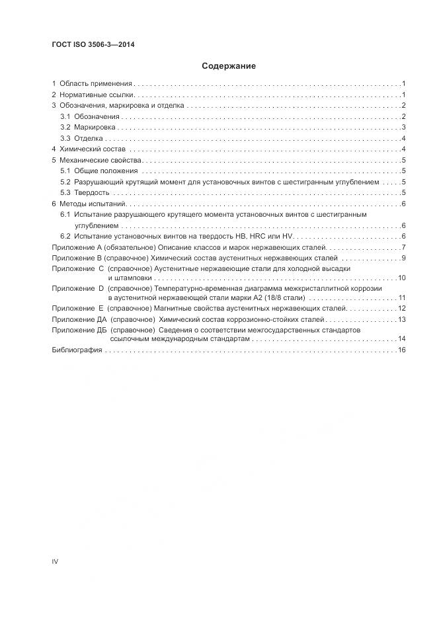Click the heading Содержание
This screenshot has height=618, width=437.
[228, 66]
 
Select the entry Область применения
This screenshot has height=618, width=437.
[96, 84]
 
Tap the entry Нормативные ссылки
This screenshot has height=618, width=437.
[97, 95]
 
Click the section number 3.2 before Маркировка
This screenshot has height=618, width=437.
[65, 127]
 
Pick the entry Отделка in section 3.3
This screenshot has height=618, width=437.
[89, 138]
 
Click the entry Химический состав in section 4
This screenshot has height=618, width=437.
[93, 149]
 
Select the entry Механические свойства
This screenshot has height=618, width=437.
[100, 161]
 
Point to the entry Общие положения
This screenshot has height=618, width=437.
[99, 171]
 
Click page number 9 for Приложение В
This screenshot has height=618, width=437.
[403, 258]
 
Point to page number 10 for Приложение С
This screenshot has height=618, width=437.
[401, 278]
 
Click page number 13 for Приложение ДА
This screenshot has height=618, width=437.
[401, 319]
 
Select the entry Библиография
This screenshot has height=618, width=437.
[77, 350]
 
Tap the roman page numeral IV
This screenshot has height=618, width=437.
[55, 561]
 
